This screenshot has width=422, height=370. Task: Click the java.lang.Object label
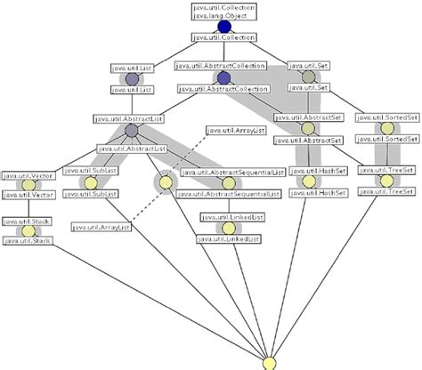(x=223, y=15)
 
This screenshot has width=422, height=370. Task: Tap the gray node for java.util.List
(x=132, y=78)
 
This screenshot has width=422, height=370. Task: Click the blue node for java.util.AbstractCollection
(x=223, y=78)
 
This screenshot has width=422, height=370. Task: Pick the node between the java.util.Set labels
(x=308, y=77)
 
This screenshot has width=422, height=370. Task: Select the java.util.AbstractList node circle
(x=132, y=131)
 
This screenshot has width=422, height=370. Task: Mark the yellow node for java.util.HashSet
(x=308, y=181)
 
